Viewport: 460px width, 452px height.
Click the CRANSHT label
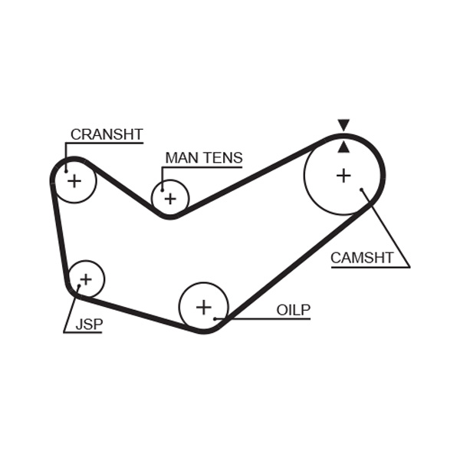click(107, 134)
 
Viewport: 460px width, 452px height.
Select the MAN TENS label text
click(204, 158)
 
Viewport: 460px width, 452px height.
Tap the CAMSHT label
click(362, 258)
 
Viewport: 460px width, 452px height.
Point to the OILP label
click(293, 310)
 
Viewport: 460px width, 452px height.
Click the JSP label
click(89, 325)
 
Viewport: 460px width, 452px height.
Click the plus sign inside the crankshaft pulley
click(74, 181)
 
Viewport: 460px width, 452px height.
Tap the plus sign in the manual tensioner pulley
click(170, 199)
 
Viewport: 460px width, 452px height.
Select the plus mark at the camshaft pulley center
click(343, 176)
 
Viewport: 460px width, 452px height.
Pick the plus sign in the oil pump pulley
click(203, 307)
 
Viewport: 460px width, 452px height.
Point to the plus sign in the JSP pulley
click(86, 279)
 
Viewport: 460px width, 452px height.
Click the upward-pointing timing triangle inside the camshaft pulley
click(343, 147)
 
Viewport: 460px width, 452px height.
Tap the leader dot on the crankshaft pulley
click(66, 170)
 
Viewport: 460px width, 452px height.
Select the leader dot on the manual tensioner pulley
click(163, 189)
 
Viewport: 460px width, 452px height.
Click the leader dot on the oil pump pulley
click(217, 318)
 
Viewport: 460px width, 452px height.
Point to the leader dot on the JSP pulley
click(78, 288)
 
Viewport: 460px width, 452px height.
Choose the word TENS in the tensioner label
click(222, 158)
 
